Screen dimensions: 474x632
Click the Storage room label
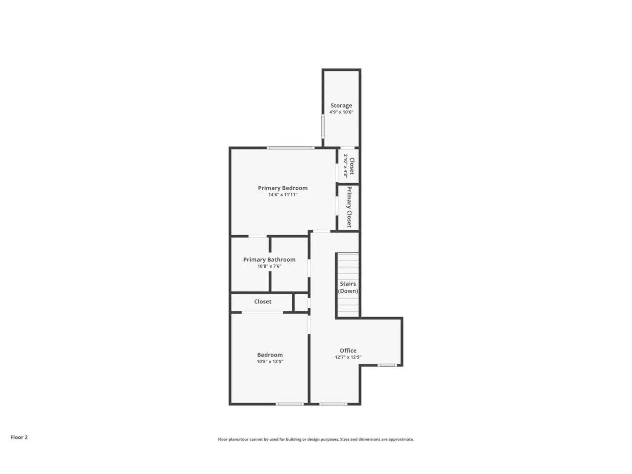[341, 105]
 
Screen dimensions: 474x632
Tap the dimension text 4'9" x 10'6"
[341, 112]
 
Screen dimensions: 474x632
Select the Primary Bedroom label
[282, 188]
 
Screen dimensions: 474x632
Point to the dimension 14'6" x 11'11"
[282, 195]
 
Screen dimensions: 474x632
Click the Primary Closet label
[349, 207]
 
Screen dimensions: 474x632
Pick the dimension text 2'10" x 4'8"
[346, 166]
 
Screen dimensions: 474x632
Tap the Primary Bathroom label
[269, 259]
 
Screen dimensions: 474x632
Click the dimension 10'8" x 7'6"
[269, 266]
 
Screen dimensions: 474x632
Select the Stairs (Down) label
[348, 287]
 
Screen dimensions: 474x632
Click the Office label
[348, 351]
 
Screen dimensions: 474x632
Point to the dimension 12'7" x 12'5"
[348, 357]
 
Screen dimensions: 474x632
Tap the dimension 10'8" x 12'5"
[270, 361]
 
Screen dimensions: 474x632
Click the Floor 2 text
[19, 437]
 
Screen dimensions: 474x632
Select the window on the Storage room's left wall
[323, 126]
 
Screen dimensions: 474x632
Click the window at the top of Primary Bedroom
[290, 148]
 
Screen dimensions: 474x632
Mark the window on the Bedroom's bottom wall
[289, 404]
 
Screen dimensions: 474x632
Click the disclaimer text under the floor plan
[316, 439]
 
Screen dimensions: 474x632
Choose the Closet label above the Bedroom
[262, 302]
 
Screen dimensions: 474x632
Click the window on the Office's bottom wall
[333, 404]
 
